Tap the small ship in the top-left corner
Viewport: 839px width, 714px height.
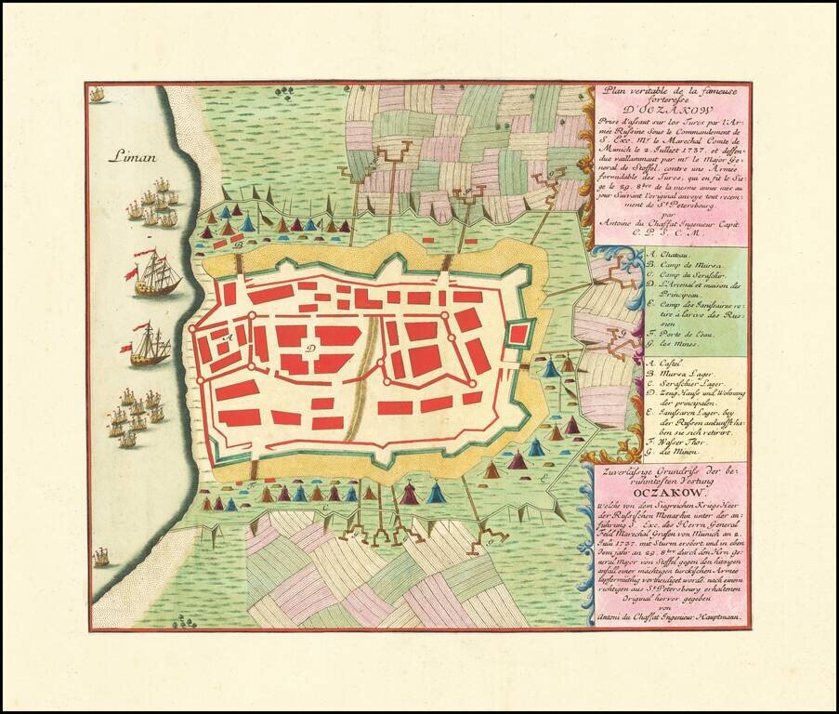coord(97,94)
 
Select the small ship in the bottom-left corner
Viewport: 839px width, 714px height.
coord(100,557)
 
